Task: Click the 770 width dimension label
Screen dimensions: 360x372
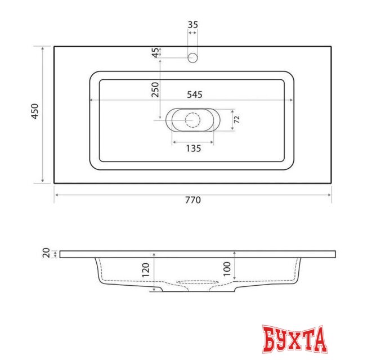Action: click(x=192, y=200)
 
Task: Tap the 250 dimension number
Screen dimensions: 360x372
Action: click(x=155, y=89)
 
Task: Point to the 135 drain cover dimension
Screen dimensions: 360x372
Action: click(x=193, y=149)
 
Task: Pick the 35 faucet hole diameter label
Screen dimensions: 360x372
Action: click(x=193, y=25)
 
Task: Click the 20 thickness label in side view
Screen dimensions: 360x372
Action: click(x=46, y=254)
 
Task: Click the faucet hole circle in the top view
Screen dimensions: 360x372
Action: click(x=193, y=57)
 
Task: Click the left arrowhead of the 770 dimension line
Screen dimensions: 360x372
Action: click(x=56, y=195)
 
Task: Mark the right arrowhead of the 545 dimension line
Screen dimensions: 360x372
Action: click(x=292, y=100)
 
